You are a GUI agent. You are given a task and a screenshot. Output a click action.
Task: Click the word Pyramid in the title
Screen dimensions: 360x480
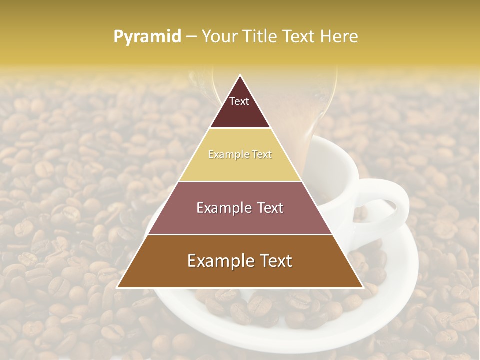click(147, 37)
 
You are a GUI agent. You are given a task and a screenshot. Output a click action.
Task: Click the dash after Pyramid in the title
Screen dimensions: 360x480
click(191, 37)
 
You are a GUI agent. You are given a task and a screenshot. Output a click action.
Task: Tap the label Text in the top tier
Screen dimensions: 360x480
click(239, 101)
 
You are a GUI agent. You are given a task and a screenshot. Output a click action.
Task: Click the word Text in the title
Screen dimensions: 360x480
click(299, 36)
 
